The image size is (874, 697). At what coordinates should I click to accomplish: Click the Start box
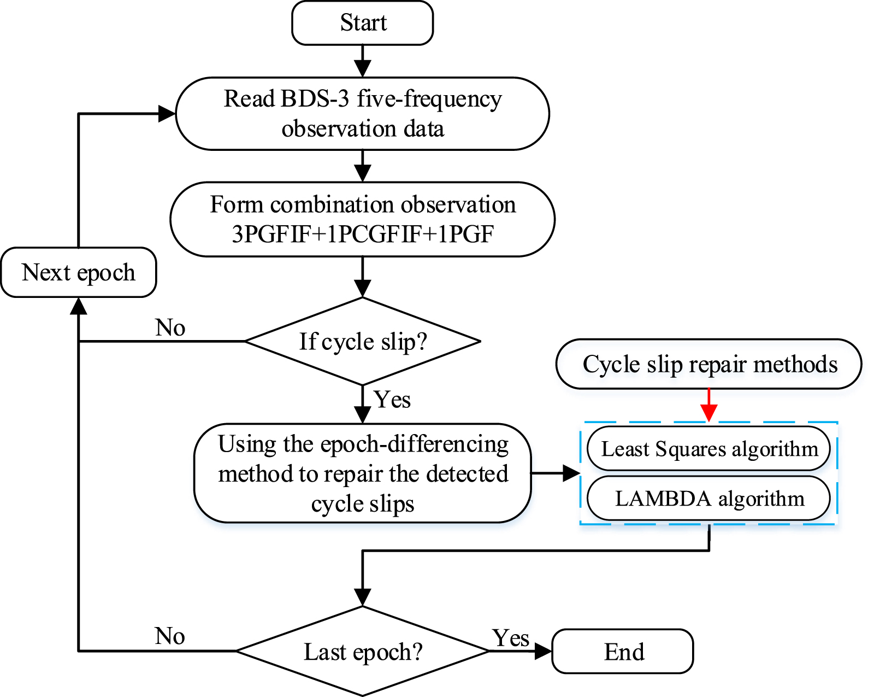(x=362, y=23)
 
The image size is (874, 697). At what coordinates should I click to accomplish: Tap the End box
(x=623, y=651)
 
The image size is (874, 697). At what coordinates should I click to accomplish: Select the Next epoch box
(x=79, y=272)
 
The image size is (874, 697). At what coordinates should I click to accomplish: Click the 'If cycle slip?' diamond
(x=362, y=342)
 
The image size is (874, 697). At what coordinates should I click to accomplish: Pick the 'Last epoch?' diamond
(x=362, y=651)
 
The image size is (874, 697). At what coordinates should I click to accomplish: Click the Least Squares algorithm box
(x=708, y=449)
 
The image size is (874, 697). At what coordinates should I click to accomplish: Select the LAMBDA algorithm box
(x=708, y=499)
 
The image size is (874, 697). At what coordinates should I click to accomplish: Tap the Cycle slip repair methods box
(x=708, y=364)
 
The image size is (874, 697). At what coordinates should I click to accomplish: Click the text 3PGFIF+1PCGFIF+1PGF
(x=362, y=234)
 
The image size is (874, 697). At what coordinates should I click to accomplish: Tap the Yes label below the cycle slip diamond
(x=392, y=400)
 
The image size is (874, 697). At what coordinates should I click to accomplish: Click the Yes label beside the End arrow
(x=511, y=638)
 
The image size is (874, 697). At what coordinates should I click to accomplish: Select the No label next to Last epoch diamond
(x=170, y=636)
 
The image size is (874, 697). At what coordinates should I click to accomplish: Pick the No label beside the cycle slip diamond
(x=170, y=328)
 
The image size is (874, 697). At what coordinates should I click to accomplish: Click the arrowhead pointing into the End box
(x=544, y=651)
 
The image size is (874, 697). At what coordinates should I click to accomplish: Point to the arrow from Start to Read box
(x=362, y=61)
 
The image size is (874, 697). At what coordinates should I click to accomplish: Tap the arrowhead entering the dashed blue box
(x=571, y=473)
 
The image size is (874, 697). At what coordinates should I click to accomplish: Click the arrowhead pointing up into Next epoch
(x=79, y=306)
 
